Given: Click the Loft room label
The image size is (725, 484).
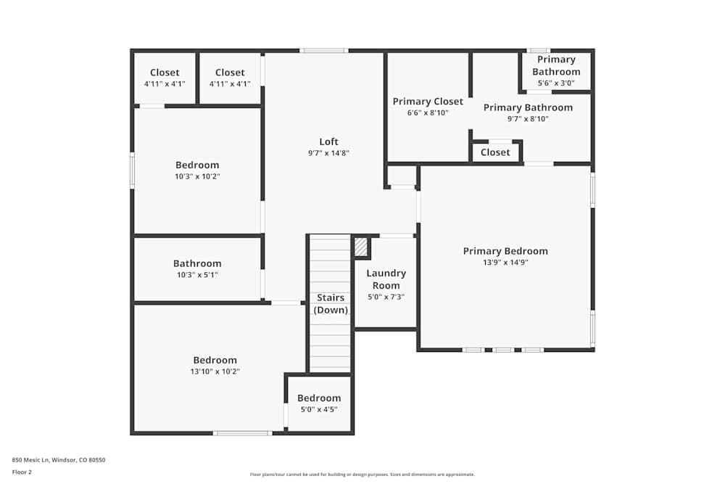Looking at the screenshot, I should point(328,141).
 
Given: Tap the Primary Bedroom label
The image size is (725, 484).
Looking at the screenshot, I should point(505,251).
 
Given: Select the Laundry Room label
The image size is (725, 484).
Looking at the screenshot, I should point(386,279).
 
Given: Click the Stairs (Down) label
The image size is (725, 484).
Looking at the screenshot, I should point(331,303).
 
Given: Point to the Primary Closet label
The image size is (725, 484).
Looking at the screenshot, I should point(428,102).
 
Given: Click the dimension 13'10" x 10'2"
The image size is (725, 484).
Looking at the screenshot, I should point(215,372).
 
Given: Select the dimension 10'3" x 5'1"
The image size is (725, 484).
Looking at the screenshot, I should point(197,275).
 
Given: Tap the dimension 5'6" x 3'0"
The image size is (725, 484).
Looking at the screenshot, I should point(556,83).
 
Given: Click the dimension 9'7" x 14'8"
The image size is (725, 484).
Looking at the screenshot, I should point(328,153).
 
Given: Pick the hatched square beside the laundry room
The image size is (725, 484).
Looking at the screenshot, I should point(361,247).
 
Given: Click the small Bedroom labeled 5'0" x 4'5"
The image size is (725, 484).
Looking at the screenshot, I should point(319,398).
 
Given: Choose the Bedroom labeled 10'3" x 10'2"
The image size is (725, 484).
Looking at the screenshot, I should point(197,165).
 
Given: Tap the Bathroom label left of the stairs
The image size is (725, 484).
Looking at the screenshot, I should point(197,263).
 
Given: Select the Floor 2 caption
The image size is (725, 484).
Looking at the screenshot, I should point(22,472).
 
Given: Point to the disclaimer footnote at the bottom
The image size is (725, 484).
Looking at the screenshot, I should point(362,474).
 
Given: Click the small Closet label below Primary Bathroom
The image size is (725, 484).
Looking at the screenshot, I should point(495,152).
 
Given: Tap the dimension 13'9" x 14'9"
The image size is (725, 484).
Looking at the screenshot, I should point(505,263).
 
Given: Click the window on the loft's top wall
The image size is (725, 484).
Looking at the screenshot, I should point(324,51).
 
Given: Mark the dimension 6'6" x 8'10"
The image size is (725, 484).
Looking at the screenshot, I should point(428,113).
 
